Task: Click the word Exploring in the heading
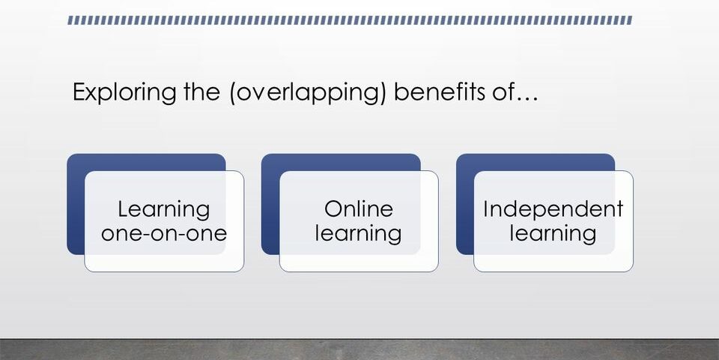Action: (x=124, y=93)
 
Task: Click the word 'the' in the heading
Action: (x=201, y=91)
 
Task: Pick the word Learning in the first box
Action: (x=164, y=210)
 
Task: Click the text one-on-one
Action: (x=164, y=233)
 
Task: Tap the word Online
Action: (x=359, y=209)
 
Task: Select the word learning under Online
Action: (x=358, y=234)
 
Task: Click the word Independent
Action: (x=553, y=209)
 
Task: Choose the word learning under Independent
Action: (x=553, y=234)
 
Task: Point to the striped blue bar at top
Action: (x=350, y=20)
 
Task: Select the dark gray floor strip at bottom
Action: (x=359, y=350)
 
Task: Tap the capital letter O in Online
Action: (x=334, y=209)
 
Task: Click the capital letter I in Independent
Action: (x=485, y=209)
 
